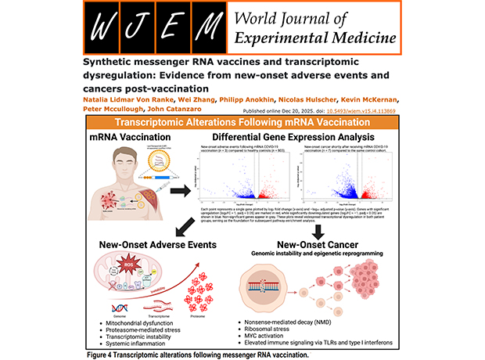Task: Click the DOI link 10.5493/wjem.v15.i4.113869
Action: point(368,110)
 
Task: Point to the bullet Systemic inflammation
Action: point(137,341)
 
